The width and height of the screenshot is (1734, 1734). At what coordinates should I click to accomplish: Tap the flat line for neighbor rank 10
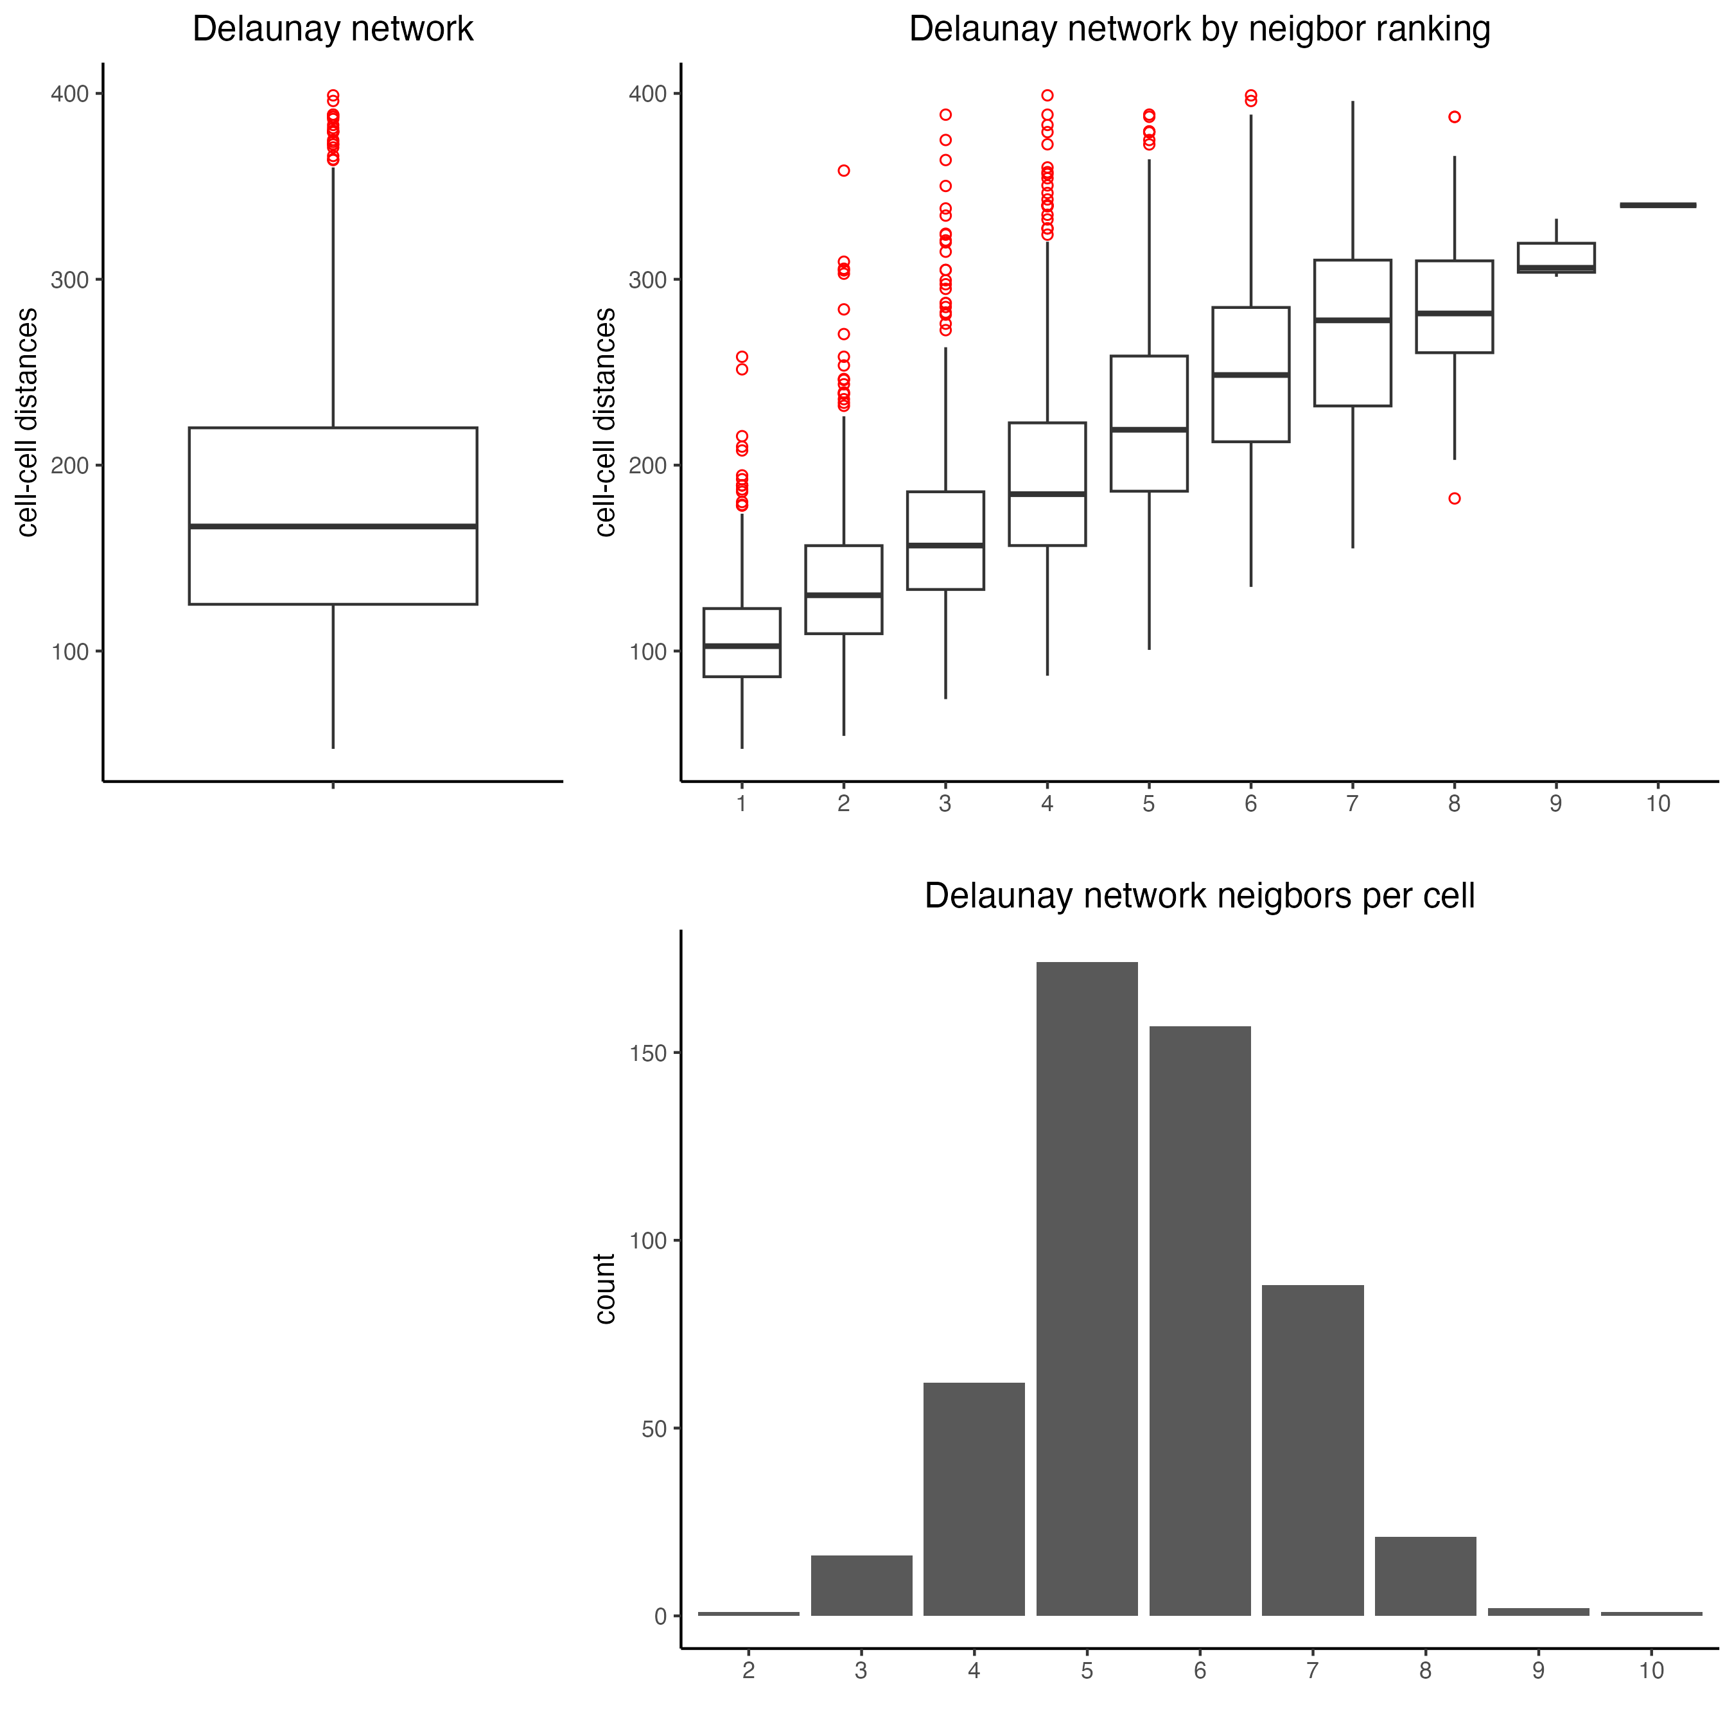pos(1658,206)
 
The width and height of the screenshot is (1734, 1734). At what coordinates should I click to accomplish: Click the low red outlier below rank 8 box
pos(1455,499)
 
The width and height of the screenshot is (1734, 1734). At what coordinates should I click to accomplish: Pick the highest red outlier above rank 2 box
pos(844,171)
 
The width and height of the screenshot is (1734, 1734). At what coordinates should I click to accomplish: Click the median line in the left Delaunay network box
pos(333,526)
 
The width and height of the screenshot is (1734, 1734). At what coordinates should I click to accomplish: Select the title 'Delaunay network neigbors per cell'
pos(1199,896)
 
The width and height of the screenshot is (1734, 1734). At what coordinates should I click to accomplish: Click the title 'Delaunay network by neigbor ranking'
pos(1199,29)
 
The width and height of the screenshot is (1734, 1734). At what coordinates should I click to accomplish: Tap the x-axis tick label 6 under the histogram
pos(1200,1671)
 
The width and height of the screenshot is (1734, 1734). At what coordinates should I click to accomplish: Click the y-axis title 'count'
pos(605,1289)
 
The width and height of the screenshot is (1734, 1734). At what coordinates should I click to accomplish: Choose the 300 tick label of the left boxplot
pos(70,280)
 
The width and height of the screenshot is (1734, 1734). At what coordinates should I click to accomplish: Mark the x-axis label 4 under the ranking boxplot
pos(1047,804)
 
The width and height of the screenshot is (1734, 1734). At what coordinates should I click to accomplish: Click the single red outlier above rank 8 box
pos(1455,117)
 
